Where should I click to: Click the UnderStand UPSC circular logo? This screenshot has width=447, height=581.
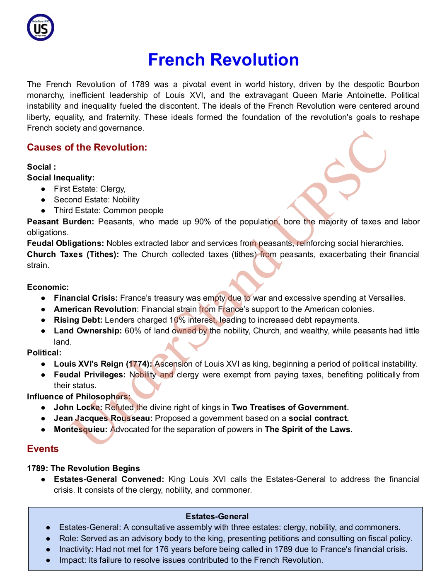coord(41,27)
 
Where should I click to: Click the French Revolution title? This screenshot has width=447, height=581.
coord(223,60)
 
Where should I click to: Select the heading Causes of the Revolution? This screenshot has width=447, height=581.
coord(87,147)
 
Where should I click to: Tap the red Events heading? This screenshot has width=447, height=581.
coord(43,449)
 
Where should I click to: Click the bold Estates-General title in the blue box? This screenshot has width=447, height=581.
coord(217,516)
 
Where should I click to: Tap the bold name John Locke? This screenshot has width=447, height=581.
coord(78,407)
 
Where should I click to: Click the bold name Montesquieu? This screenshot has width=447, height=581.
coord(80,429)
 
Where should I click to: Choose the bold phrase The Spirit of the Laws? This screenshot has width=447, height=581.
coord(309,429)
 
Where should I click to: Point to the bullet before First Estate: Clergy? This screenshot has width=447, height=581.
coord(43,189)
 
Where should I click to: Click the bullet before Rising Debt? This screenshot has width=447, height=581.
coord(43,320)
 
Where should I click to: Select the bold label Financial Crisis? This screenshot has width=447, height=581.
coord(86,298)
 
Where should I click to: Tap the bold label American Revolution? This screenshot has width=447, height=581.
coord(95,309)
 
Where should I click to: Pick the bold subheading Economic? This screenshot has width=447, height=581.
coord(48,287)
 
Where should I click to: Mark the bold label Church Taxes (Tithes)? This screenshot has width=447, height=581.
coord(73,254)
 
